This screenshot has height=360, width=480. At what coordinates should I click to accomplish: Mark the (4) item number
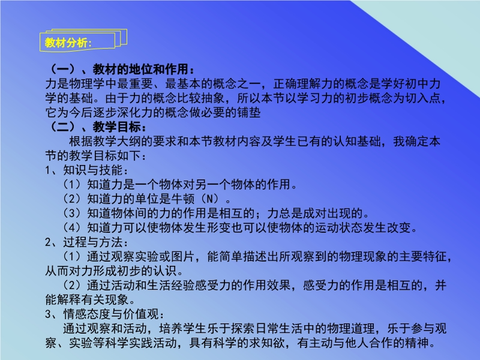[71, 227]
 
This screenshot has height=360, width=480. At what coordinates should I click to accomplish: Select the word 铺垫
[249, 112]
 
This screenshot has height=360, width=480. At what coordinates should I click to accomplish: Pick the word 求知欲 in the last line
[267, 343]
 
